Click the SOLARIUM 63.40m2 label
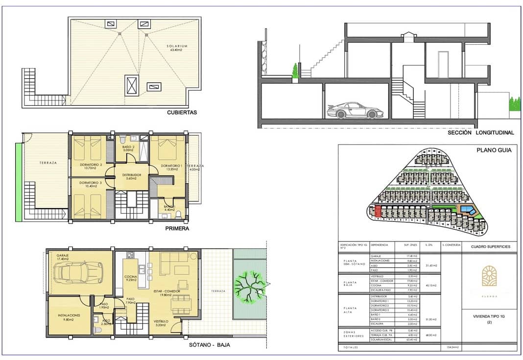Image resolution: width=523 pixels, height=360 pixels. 179,48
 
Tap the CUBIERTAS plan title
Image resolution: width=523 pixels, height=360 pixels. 182,112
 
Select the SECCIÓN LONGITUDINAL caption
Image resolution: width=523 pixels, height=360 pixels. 481,132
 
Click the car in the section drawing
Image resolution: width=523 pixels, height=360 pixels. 352,110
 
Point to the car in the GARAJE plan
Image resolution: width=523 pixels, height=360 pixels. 79,272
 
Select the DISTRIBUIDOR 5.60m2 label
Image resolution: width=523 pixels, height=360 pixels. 132,176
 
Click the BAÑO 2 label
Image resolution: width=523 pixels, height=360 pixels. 128,148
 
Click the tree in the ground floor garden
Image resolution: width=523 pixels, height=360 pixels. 250,286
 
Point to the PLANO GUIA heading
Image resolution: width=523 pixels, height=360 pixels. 494,150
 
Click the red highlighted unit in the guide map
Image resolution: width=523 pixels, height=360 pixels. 378,212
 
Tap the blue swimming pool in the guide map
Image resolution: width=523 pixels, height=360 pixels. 468,211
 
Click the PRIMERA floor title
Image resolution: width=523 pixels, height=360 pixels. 177,228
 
